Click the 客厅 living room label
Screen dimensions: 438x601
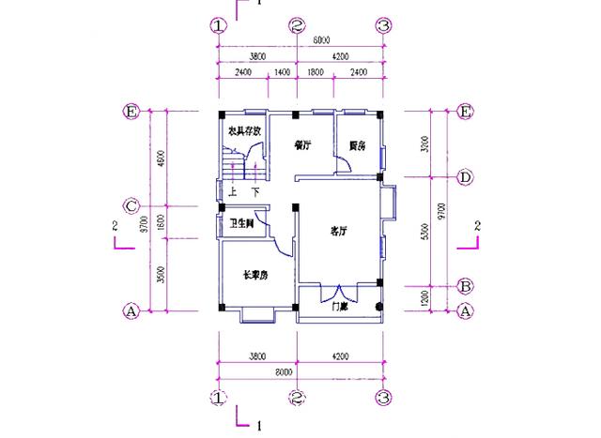pyautogui.click(x=339, y=230)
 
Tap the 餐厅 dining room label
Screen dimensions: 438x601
pyautogui.click(x=302, y=144)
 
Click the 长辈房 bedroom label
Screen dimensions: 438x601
pyautogui.click(x=256, y=275)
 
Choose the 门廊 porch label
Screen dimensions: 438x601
pyautogui.click(x=340, y=306)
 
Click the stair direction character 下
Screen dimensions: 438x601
pyautogui.click(x=254, y=192)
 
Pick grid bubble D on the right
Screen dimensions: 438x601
pyautogui.click(x=464, y=176)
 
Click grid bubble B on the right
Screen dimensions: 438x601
pyautogui.click(x=464, y=285)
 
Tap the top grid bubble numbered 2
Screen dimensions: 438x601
pyautogui.click(x=297, y=25)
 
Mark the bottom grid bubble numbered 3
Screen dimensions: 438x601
pyautogui.click(x=383, y=398)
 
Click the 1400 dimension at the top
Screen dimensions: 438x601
pyautogui.click(x=282, y=71)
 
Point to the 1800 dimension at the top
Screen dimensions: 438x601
pyautogui.click(x=316, y=71)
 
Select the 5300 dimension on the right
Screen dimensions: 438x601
pyautogui.click(x=427, y=231)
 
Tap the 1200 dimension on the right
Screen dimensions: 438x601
pyautogui.click(x=427, y=297)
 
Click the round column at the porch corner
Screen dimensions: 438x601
pyautogui.click(x=379, y=308)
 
